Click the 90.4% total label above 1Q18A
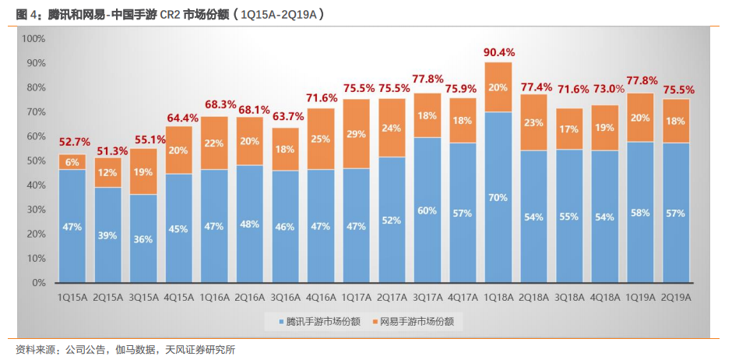(x=498, y=52)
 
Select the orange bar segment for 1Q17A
(x=356, y=134)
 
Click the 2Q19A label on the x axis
(x=676, y=297)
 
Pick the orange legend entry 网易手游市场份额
(x=414, y=321)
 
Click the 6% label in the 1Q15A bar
(x=72, y=162)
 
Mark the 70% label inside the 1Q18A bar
(x=498, y=197)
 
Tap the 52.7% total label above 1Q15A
(x=72, y=143)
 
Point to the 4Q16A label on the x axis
(x=320, y=297)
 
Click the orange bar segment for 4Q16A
(x=320, y=139)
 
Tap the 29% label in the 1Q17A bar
(x=356, y=134)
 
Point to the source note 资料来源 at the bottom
(x=125, y=349)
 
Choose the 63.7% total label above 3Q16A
(x=285, y=117)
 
